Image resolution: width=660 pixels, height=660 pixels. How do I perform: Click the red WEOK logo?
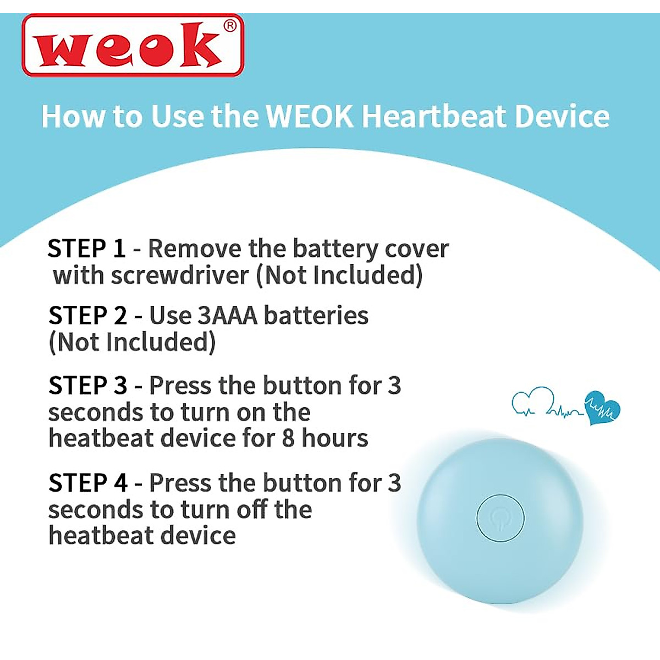pos(132,45)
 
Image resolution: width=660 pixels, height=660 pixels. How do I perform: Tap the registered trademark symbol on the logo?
pos(230,26)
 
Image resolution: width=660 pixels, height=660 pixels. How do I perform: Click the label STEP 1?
pos(87,249)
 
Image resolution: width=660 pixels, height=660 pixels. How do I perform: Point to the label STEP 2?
pos(87,316)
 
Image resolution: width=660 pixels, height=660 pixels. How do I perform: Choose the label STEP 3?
pos(87,386)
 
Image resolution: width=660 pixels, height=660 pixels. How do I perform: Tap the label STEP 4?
pos(87,483)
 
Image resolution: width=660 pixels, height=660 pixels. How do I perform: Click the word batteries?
pos(316,316)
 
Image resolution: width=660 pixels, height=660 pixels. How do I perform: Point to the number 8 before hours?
pos(289,438)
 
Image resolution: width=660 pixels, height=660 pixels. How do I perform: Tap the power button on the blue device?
pos(500,518)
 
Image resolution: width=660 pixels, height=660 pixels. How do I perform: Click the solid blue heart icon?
pos(602,408)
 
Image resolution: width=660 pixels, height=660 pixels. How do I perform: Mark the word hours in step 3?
pos(335,438)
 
